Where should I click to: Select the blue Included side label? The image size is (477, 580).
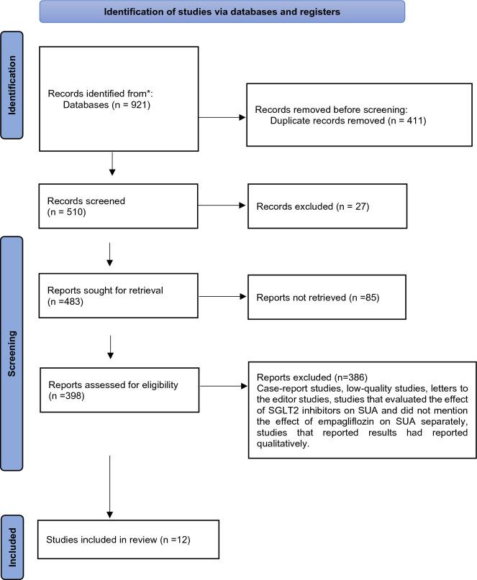pyautogui.click(x=12, y=546)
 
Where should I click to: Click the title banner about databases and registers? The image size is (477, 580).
pyautogui.click(x=222, y=11)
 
